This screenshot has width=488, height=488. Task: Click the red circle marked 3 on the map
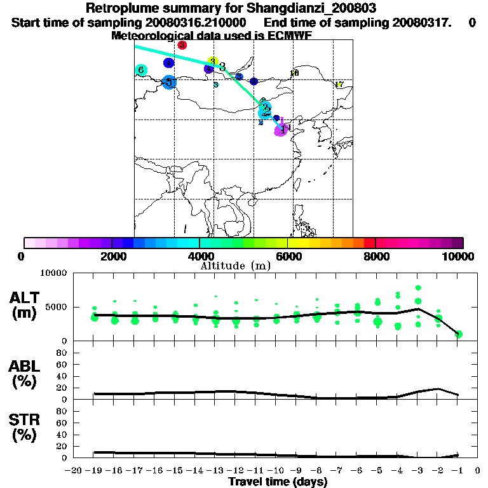[182, 45]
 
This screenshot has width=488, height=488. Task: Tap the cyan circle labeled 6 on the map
[142, 71]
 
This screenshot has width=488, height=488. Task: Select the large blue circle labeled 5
[169, 82]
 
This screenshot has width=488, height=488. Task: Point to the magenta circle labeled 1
[280, 130]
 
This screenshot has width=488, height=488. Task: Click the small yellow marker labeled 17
[339, 85]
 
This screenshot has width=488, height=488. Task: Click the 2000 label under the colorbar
[111, 256]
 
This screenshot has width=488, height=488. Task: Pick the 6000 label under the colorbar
[287, 256]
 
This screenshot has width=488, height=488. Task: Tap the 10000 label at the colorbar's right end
[459, 256]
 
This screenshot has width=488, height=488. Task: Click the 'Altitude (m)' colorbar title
[236, 266]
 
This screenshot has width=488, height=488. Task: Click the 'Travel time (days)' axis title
[278, 482]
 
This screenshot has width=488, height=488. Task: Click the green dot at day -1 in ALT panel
[458, 334]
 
